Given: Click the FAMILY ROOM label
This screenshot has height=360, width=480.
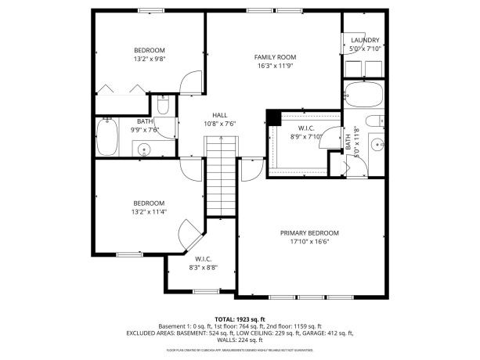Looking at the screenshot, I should point(275,57).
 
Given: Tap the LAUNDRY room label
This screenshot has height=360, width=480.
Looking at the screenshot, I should point(365,41).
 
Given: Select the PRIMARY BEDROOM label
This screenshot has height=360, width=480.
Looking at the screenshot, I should point(309,233).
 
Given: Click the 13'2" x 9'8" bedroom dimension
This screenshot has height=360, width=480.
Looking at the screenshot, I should point(149,59).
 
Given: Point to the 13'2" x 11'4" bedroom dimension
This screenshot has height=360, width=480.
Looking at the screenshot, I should point(149,211).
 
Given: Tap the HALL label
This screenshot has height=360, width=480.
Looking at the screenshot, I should point(220,114).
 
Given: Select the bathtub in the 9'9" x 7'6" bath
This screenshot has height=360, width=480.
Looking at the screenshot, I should point(106,138).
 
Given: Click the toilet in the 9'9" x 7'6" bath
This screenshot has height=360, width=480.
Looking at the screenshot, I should point(164,104).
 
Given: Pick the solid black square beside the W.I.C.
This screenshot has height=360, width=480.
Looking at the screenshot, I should point(272,117).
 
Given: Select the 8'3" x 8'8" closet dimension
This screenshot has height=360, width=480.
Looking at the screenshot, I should point(203,268).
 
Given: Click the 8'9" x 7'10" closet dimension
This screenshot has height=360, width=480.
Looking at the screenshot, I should point(306,138).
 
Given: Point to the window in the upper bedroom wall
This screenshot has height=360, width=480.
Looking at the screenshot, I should point(149,11).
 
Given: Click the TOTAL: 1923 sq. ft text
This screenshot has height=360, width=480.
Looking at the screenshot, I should point(240,319).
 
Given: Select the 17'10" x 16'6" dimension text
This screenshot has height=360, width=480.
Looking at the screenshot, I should point(309,243).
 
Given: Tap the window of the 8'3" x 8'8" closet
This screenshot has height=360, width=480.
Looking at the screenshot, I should point(204,291).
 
